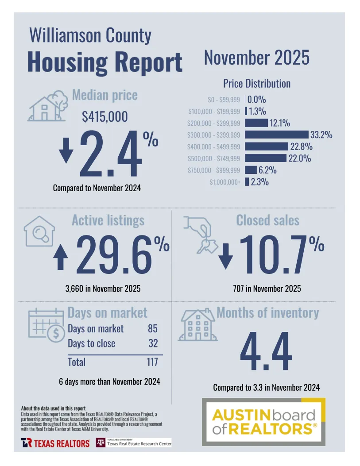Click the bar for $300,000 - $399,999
pyautogui.click(x=276, y=135)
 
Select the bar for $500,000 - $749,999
pyautogui.click(x=265, y=158)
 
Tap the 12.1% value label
pyautogui.click(x=279, y=123)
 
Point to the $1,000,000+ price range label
pyautogui.click(x=225, y=182)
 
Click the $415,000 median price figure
pyautogui.click(x=105, y=117)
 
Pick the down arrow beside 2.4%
pyautogui.click(x=66, y=151)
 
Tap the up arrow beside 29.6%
pyautogui.click(x=61, y=258)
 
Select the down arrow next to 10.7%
pyautogui.click(x=225, y=257)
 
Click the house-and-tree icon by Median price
pyautogui.click(x=47, y=106)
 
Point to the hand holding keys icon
pyautogui.click(x=201, y=234)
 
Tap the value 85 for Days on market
pyautogui.click(x=153, y=329)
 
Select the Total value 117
pyautogui.click(x=152, y=362)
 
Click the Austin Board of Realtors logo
pyautogui.click(x=264, y=422)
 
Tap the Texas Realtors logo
pyautogui.click(x=55, y=443)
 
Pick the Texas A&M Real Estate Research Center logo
pyautogui.click(x=134, y=443)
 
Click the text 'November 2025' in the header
pyautogui.click(x=256, y=58)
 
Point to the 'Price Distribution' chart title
pyautogui.click(x=256, y=83)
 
